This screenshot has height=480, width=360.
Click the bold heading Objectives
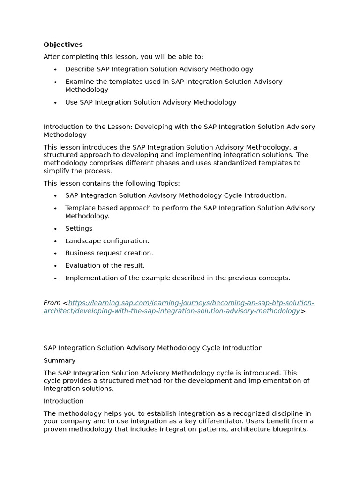click(63, 45)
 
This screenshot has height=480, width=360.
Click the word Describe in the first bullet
click(80, 69)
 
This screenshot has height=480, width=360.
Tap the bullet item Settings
click(79, 228)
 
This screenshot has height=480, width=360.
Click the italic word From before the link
click(52, 303)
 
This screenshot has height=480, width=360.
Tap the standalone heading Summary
click(60, 360)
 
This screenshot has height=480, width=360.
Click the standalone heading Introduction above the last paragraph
click(63, 401)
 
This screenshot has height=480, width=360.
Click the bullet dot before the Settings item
click(55, 229)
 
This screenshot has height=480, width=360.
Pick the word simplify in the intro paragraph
click(57, 171)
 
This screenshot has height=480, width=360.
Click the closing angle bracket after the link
click(303, 311)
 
